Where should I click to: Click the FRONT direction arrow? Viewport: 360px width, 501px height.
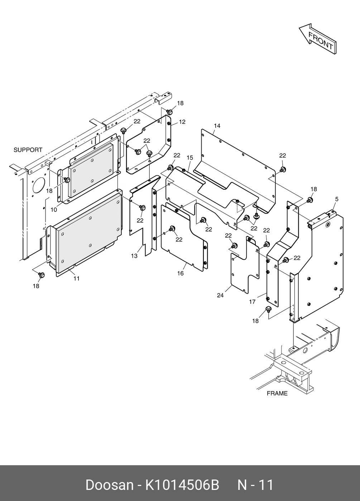pos(318,39)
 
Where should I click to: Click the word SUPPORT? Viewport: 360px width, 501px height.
pos(28,150)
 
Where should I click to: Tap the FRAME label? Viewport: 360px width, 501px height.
pos(277,393)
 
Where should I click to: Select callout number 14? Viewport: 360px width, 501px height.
pos(217,126)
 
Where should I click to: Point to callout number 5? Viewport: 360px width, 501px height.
pos(336,199)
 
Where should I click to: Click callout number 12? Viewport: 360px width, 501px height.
pos(182,122)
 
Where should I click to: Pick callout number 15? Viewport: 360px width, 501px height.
pos(190,157)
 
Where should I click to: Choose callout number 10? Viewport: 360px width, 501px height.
pos(54,210)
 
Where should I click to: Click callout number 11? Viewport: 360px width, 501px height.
pos(76,278)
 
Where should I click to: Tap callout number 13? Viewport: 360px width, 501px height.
pos(134,256)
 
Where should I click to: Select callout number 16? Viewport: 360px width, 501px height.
pos(181,273)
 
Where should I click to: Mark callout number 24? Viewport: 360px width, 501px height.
pos(220,295)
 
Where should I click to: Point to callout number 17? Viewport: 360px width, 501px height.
pos(252,302)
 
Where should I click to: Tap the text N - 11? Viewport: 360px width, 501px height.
pos(256,485)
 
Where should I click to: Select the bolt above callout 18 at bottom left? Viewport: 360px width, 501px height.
pos(40,275)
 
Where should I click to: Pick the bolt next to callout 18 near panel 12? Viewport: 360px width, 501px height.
pos(170,112)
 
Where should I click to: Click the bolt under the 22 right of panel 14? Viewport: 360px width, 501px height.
pos(283,169)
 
